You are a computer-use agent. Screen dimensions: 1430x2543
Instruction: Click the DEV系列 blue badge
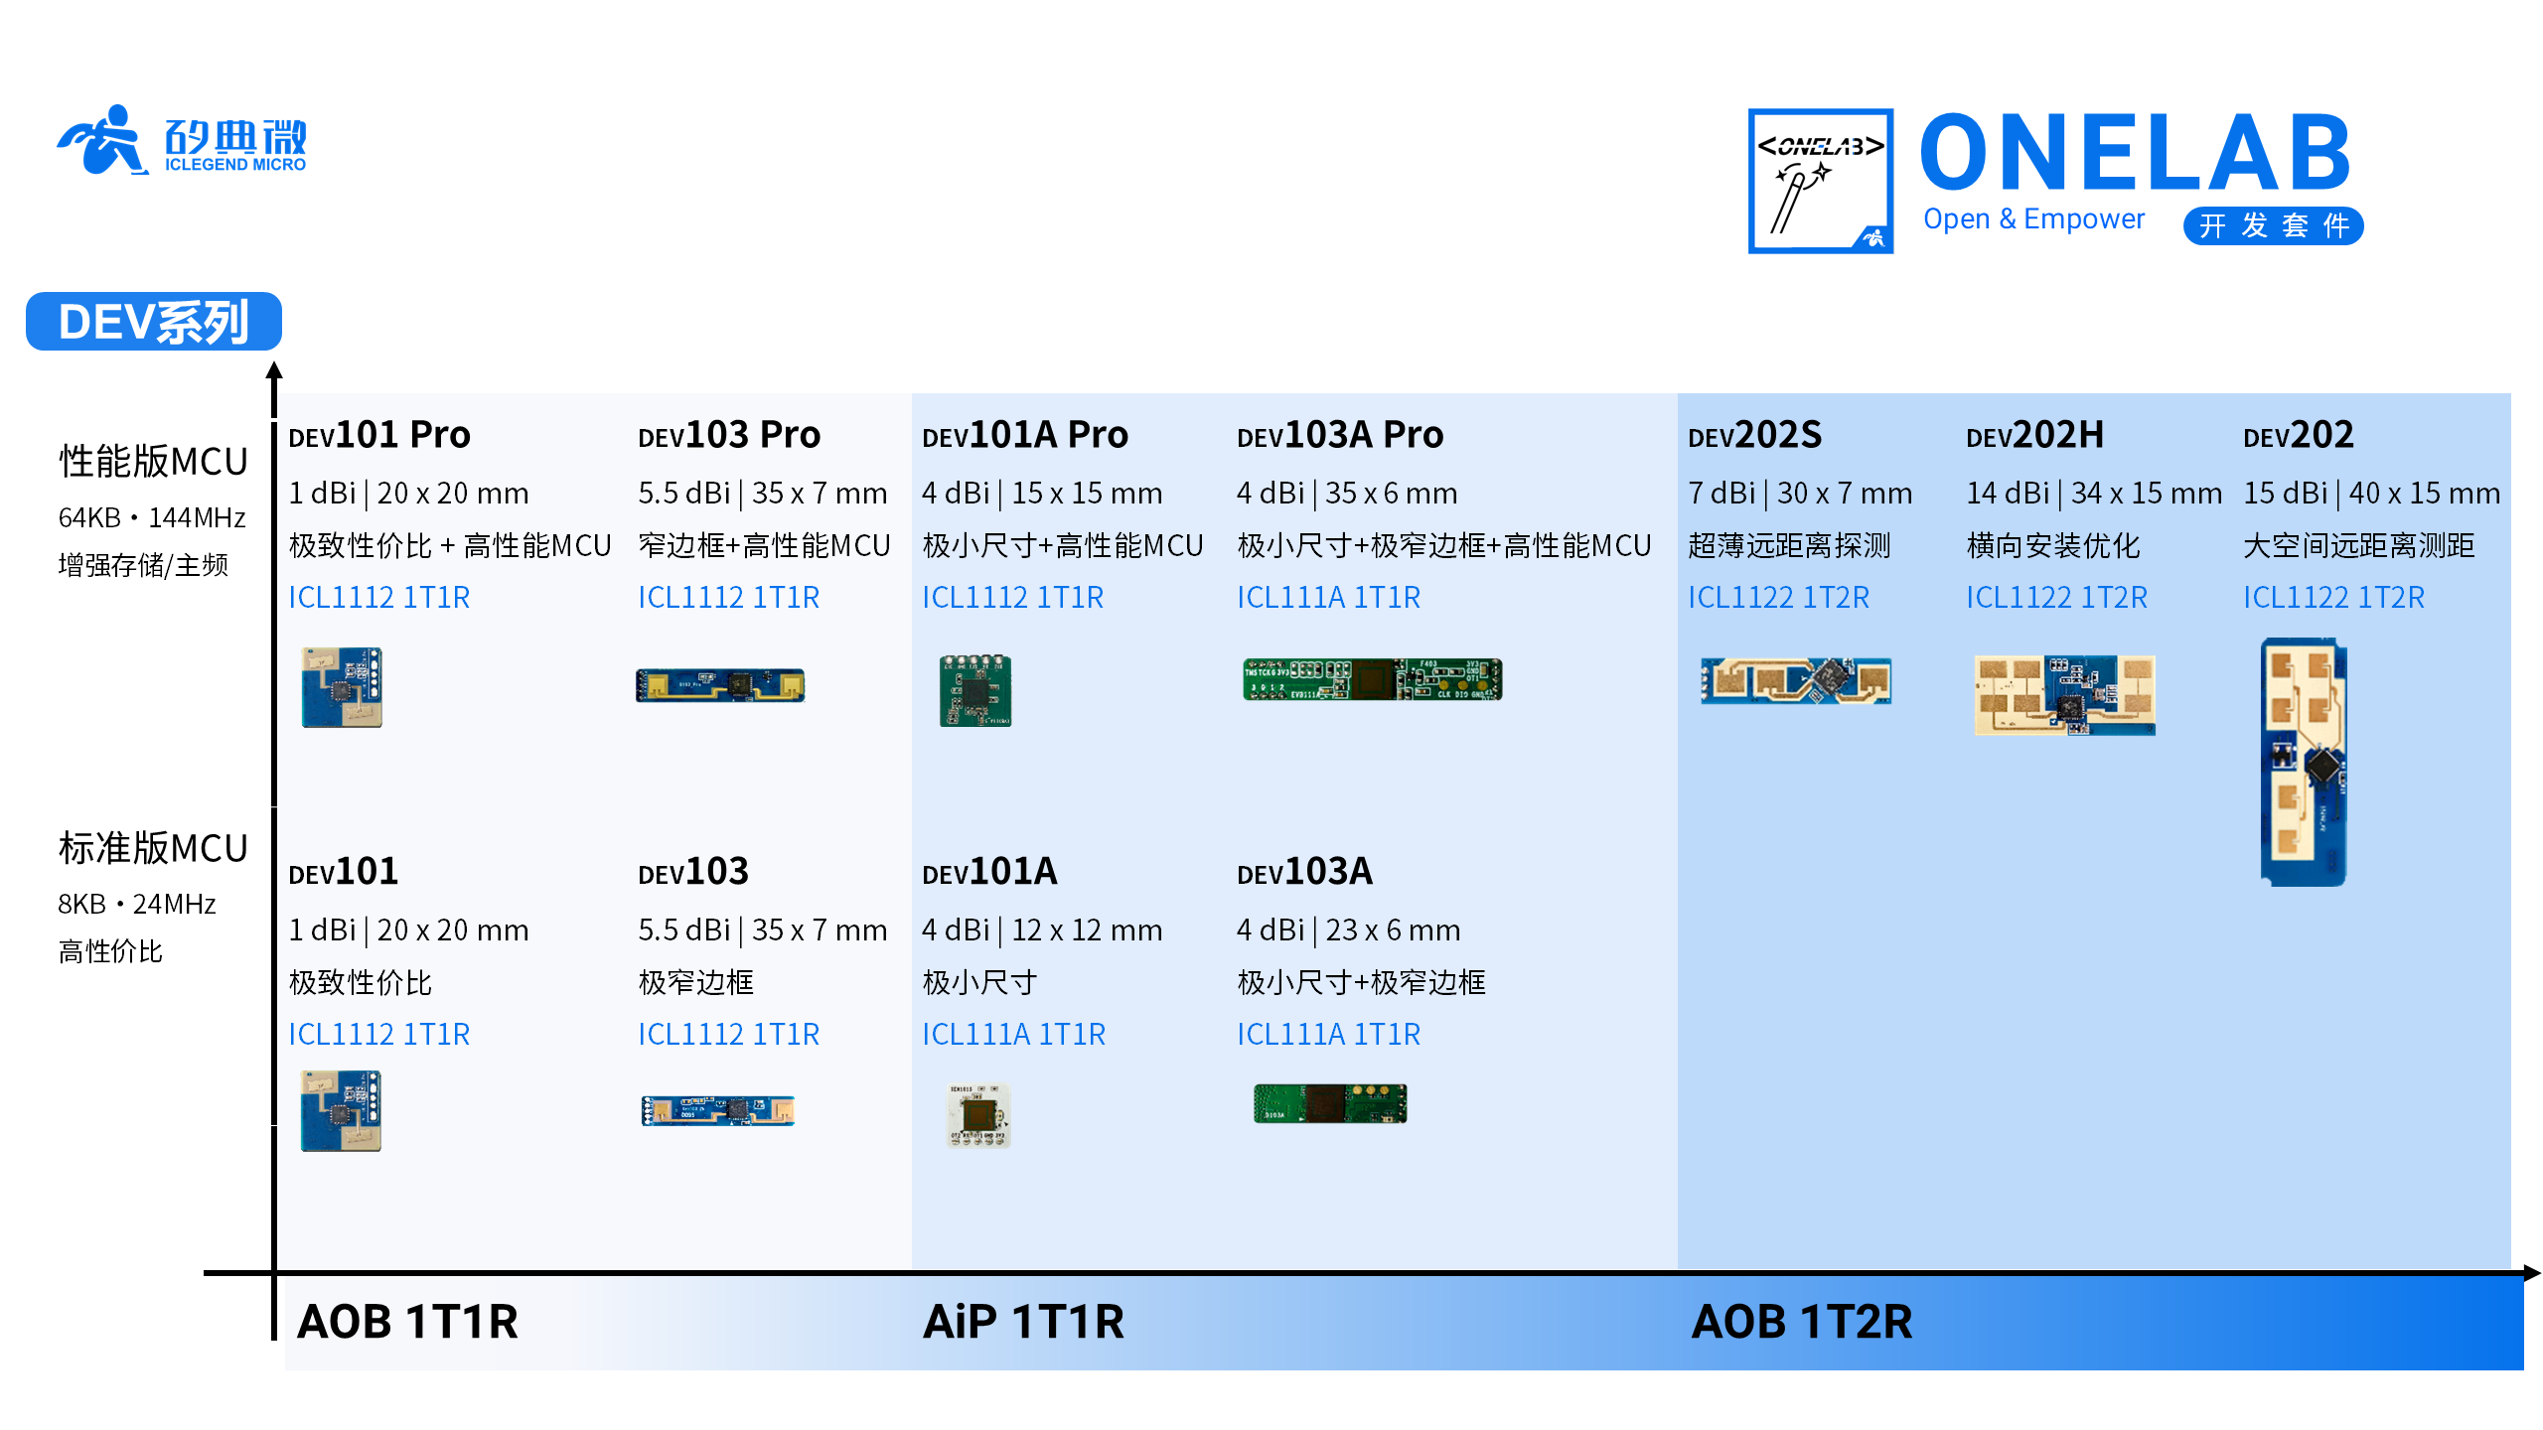click(x=154, y=321)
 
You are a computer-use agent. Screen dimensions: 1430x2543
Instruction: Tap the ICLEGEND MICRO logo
click(x=183, y=141)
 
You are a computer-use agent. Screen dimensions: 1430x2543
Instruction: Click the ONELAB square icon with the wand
click(x=1820, y=181)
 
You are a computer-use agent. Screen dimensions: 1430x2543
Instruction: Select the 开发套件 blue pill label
click(x=2273, y=226)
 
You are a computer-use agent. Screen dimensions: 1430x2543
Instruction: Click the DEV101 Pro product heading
click(x=378, y=435)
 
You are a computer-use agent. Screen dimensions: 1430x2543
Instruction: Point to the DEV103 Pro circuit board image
click(x=720, y=685)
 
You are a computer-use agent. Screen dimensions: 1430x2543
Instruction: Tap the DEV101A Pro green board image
click(x=975, y=690)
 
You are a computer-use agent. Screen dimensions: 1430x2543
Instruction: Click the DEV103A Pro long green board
click(x=1372, y=680)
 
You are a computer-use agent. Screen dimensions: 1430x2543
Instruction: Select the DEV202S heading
click(x=1754, y=435)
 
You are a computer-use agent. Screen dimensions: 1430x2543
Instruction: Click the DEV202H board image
click(x=2064, y=694)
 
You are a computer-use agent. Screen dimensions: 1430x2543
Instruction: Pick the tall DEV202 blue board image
click(x=2304, y=763)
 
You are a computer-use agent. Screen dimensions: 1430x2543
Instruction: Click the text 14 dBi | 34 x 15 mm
click(x=2093, y=493)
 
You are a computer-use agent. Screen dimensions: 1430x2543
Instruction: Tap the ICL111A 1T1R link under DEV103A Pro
click(x=1328, y=597)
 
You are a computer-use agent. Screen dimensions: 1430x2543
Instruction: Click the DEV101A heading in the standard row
click(x=989, y=872)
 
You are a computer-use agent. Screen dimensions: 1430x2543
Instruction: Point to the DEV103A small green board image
click(x=1330, y=1103)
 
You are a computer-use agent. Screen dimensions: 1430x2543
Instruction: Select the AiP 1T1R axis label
click(x=1023, y=1322)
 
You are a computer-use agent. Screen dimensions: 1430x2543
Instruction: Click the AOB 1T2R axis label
click(x=1801, y=1322)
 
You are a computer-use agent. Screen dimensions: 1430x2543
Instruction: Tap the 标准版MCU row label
click(x=153, y=849)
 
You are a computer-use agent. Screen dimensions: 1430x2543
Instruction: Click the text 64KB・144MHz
click(x=152, y=517)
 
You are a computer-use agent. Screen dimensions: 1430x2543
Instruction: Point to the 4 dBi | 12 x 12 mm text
click(x=1041, y=929)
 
